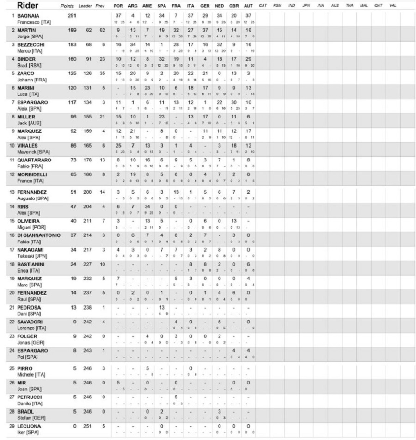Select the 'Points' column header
point(68,6)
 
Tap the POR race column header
point(118,6)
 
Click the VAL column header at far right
point(392,6)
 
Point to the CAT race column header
point(263,6)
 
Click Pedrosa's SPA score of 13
point(162,307)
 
